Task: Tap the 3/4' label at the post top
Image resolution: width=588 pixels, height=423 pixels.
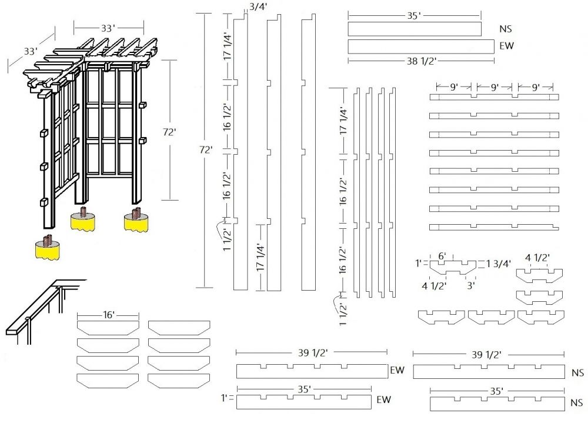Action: coord(256,6)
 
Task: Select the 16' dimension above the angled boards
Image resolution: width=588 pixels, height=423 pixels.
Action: coord(108,315)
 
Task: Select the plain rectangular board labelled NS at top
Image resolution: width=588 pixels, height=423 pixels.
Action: coord(414,29)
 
